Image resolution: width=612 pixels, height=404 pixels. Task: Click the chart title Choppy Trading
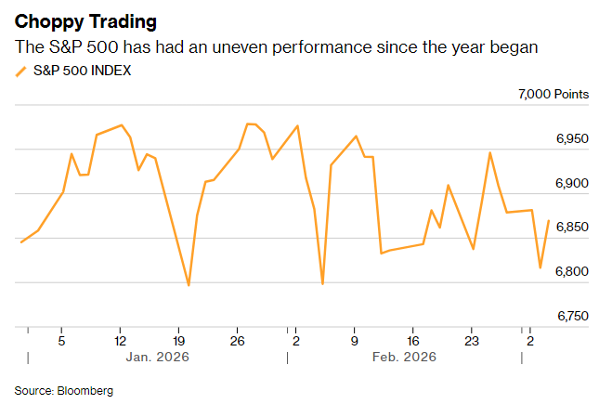(x=85, y=20)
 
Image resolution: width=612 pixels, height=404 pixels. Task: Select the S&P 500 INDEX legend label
(x=82, y=70)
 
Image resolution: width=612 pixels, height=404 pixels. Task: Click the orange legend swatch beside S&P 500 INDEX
(x=20, y=71)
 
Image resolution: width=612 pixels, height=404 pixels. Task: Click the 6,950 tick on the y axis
(x=573, y=139)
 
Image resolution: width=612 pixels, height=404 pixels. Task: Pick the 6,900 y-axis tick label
(x=573, y=184)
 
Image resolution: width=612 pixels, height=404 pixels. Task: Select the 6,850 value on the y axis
(x=573, y=228)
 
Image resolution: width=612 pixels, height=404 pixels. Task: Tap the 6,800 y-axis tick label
(x=573, y=272)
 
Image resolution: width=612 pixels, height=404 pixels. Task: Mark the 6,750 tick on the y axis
(x=573, y=317)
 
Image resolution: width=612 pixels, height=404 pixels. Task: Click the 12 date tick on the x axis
(x=120, y=340)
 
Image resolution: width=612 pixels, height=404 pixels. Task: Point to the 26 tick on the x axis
(x=237, y=340)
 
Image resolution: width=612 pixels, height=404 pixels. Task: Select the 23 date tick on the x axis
(x=471, y=340)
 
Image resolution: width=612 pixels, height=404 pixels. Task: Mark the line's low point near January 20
(x=189, y=285)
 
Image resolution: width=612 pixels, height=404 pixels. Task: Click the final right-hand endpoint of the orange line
(x=549, y=221)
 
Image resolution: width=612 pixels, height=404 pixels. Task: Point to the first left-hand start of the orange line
(x=20, y=242)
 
